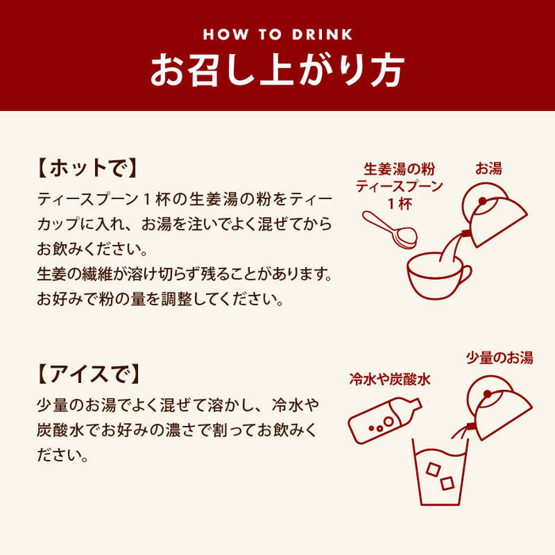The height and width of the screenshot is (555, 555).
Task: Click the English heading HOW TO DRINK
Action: (x=277, y=34)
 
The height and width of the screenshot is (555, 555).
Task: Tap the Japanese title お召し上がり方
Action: (x=277, y=70)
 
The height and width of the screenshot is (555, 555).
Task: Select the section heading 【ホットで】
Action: (x=87, y=167)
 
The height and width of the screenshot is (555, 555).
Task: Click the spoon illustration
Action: (x=389, y=229)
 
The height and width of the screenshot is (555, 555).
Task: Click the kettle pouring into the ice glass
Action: (x=497, y=407)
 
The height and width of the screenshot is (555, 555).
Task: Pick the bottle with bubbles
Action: (x=385, y=420)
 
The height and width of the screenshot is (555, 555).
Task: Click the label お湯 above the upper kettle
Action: (x=488, y=168)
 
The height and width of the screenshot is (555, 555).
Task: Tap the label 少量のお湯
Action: (x=499, y=358)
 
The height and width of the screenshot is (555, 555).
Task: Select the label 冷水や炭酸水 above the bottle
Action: (x=390, y=379)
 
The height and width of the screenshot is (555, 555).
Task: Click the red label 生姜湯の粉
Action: (x=400, y=169)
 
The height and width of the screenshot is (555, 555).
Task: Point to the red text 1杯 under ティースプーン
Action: (x=400, y=204)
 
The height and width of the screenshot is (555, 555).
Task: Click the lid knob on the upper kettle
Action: (x=482, y=201)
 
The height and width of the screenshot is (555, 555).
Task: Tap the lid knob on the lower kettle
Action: (x=488, y=394)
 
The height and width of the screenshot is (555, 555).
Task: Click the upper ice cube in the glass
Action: (x=433, y=469)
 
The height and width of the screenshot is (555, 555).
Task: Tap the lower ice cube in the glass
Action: (x=447, y=483)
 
